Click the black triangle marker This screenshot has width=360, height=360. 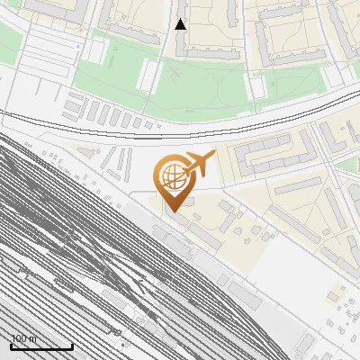181,24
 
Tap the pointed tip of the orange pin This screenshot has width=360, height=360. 172,211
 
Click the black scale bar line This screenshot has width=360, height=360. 41,346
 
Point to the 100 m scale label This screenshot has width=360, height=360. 24,338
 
